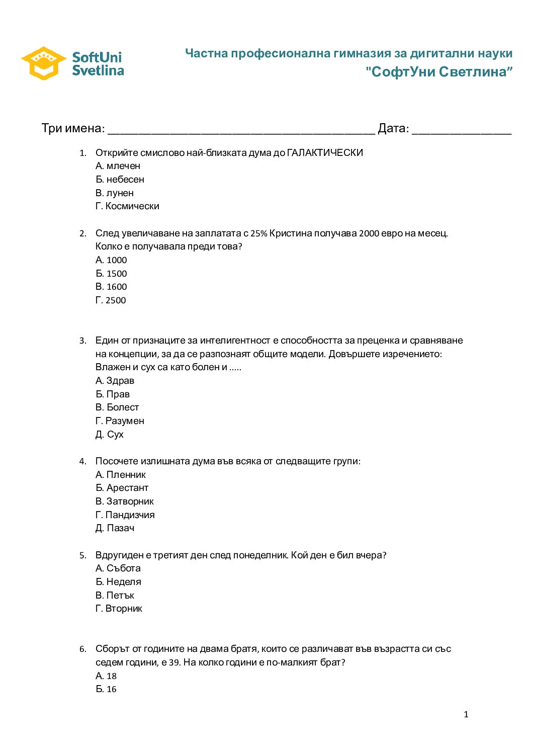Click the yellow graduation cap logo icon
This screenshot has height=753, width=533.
pos(44,63)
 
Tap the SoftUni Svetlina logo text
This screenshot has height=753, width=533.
pos(98,64)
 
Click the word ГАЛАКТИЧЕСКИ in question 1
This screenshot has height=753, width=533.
pos(325,152)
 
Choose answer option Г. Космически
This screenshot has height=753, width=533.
pos(127,206)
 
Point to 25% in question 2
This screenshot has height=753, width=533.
pos(258,233)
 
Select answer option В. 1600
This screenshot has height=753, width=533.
pos(111,287)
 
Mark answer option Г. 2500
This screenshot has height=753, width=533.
pos(111,300)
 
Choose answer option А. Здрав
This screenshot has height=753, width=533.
pos(115,381)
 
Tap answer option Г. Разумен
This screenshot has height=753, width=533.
pos(120,421)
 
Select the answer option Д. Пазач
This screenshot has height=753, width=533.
pos(115,528)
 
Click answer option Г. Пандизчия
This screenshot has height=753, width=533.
pos(125,515)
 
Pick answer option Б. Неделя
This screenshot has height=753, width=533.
pos(118,582)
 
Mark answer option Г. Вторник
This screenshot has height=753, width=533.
pos(119,609)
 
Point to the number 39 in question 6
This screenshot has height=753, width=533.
pos(174,662)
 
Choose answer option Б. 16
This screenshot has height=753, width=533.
pos(106,689)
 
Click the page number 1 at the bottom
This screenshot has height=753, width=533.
pos(466,714)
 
